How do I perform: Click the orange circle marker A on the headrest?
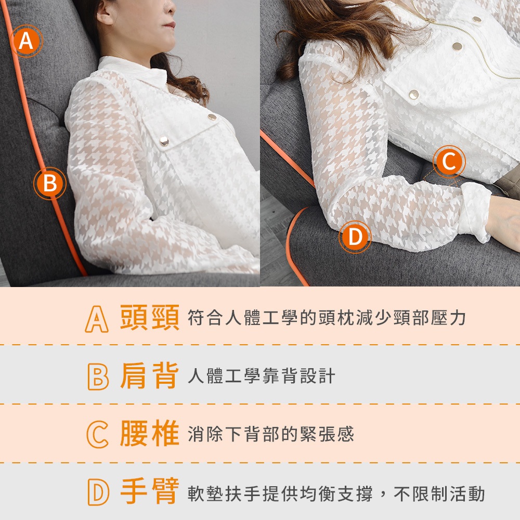[26, 41]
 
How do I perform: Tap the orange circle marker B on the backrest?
[50, 184]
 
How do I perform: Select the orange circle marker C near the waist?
[449, 162]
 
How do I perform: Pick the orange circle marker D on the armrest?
[355, 237]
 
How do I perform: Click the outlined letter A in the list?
[97, 319]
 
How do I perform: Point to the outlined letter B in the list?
[98, 376]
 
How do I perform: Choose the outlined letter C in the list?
[98, 434]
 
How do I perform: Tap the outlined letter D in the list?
[98, 492]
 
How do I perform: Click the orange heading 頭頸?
[150, 318]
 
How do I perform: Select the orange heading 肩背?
[150, 376]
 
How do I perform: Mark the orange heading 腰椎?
[150, 434]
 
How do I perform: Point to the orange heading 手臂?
[150, 491]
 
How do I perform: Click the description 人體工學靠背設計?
[262, 376]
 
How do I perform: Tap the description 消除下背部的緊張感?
[271, 434]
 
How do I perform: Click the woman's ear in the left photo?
[106, 14]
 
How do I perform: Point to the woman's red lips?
[170, 24]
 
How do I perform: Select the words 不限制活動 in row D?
[439, 494]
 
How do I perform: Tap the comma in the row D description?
[383, 497]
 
